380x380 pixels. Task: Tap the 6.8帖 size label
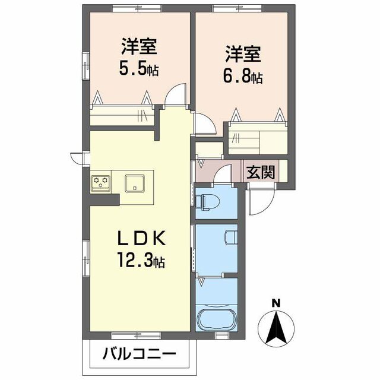pyautogui.click(x=243, y=77)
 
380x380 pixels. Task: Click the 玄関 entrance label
pyautogui.click(x=261, y=173)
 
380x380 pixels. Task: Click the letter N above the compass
pyautogui.click(x=275, y=303)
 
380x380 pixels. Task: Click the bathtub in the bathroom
pyautogui.click(x=216, y=320)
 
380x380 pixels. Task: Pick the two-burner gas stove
pyautogui.click(x=100, y=182)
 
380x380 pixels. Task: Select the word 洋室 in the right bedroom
pyautogui.click(x=243, y=53)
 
